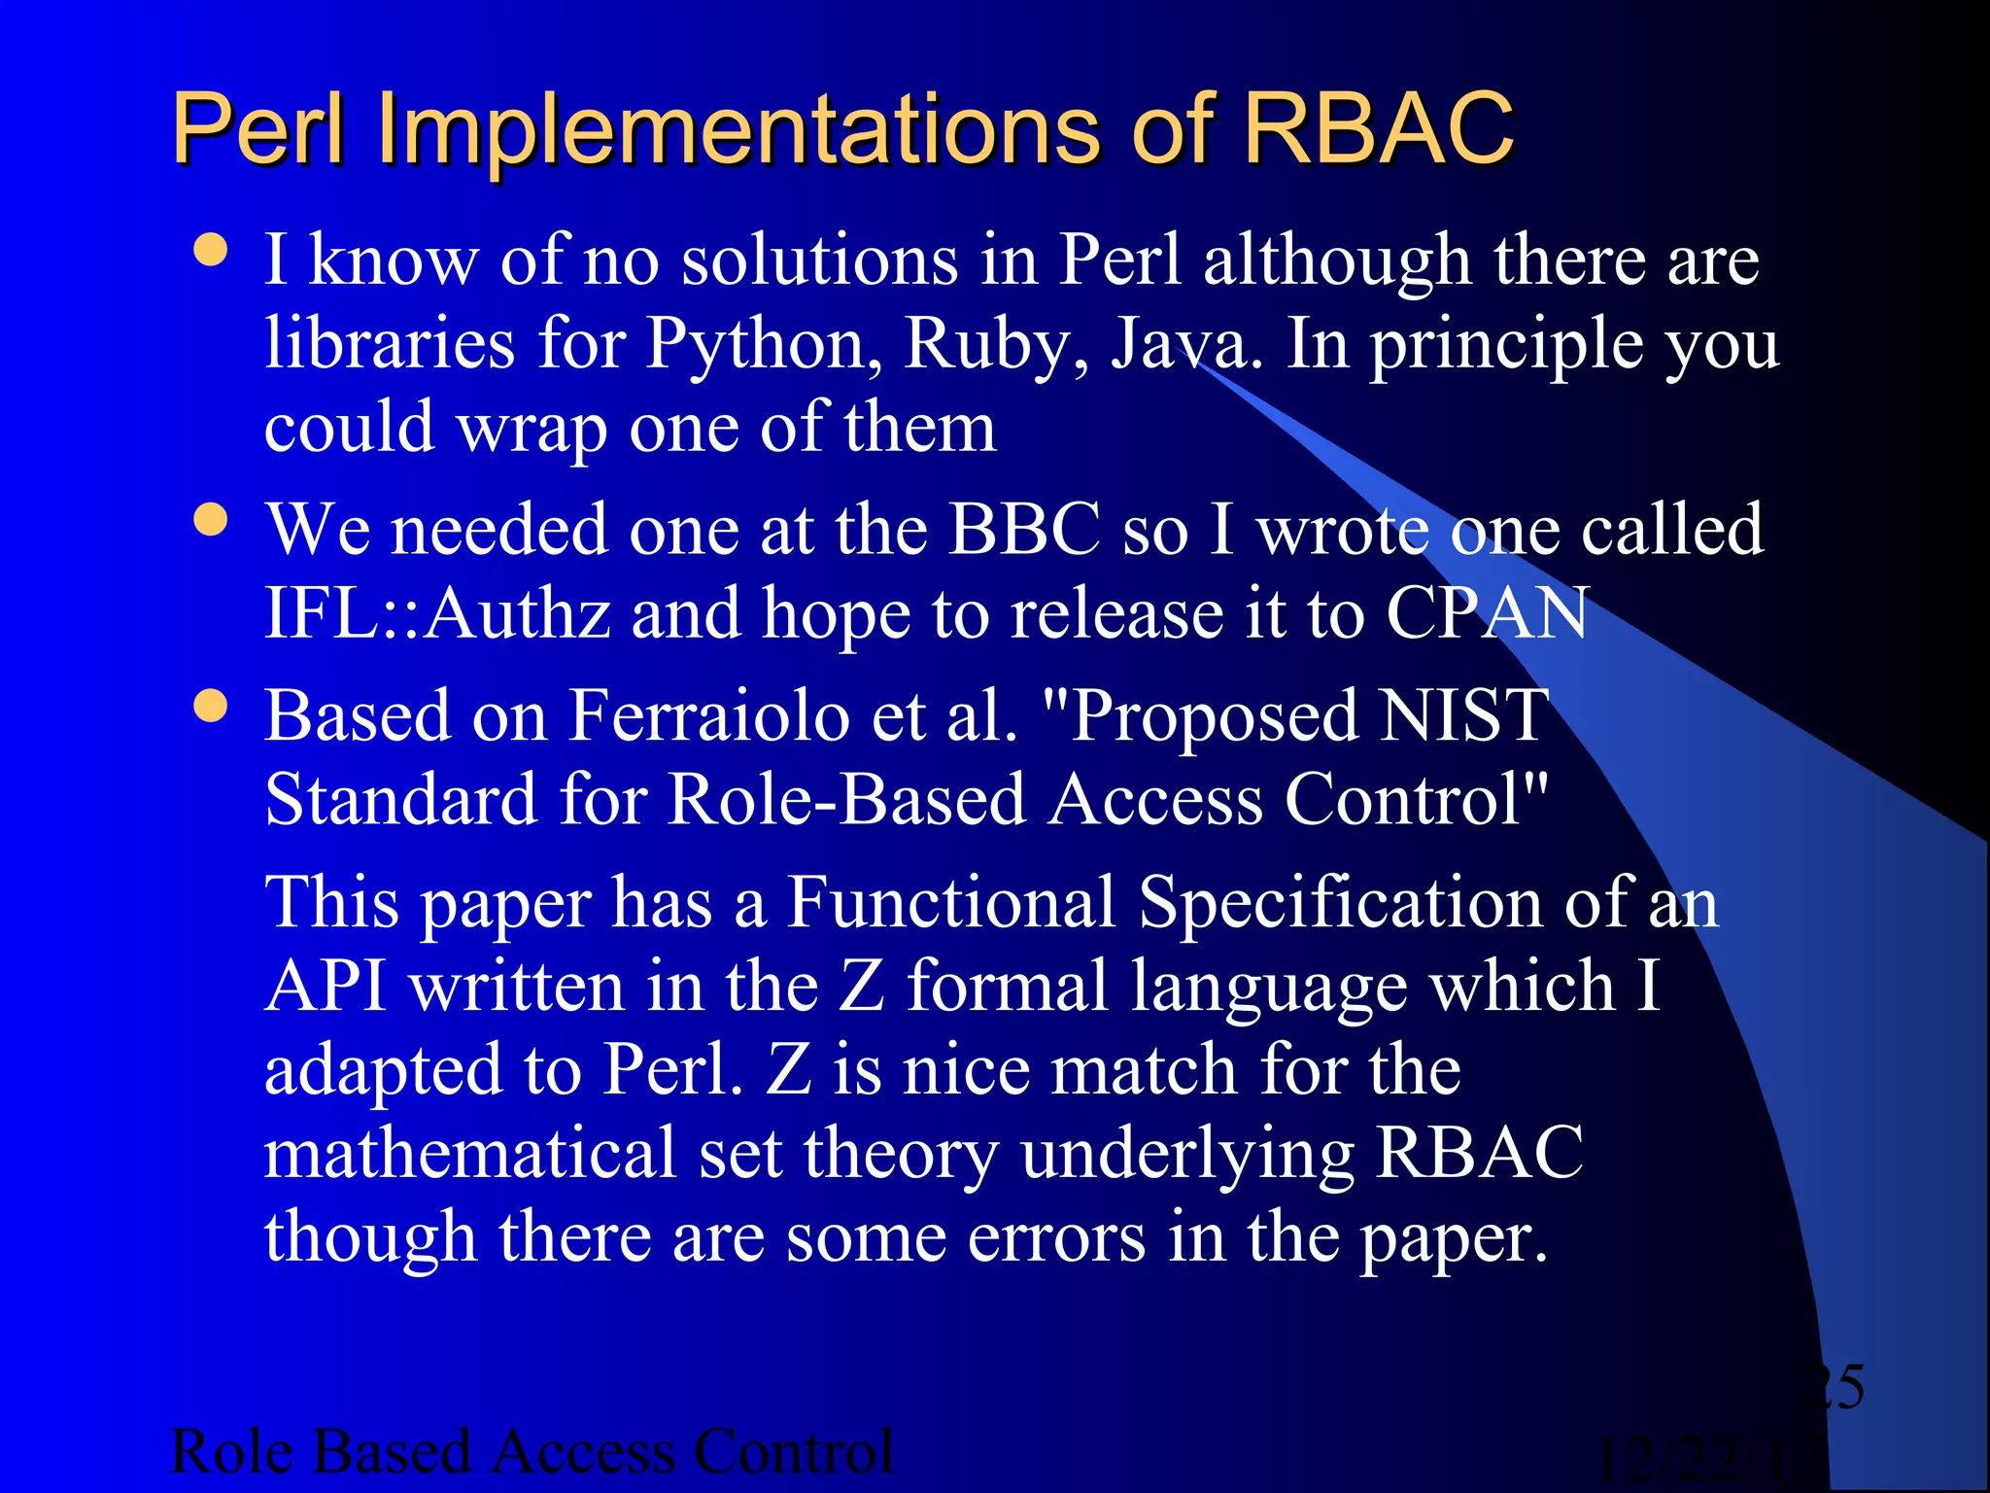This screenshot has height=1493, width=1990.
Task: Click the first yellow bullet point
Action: (211, 250)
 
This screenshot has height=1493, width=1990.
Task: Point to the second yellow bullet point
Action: (211, 519)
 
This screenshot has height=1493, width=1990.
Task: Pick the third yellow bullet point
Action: (211, 707)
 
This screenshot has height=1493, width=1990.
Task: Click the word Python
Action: (764, 344)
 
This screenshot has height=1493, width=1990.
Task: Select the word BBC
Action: (1024, 530)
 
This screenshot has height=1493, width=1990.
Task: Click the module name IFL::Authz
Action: (437, 614)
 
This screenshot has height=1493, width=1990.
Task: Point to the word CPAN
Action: (1487, 614)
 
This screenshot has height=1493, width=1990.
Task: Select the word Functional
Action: (950, 902)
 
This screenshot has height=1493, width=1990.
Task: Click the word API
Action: (326, 987)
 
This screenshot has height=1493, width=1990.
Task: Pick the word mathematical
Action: (469, 1154)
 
